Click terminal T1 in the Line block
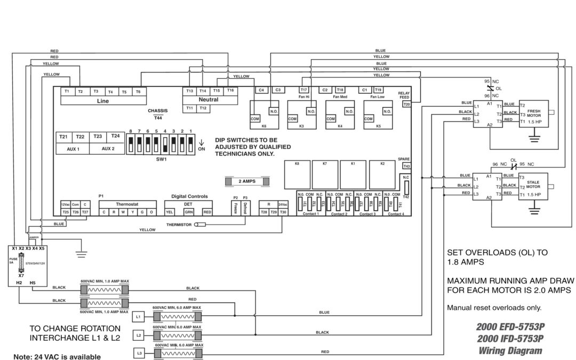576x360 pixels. (67, 92)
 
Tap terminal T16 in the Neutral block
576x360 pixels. (230, 91)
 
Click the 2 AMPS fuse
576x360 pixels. (246, 181)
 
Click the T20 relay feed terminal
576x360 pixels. (407, 104)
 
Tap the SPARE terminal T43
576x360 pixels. (406, 166)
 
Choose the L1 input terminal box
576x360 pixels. (138, 316)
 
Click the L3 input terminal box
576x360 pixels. (138, 354)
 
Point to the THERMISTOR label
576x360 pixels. (179, 225)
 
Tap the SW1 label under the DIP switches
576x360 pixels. (161, 159)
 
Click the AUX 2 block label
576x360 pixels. (108, 149)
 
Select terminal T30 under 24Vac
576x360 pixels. (283, 212)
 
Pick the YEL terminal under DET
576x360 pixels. (170, 212)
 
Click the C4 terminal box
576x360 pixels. (261, 90)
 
